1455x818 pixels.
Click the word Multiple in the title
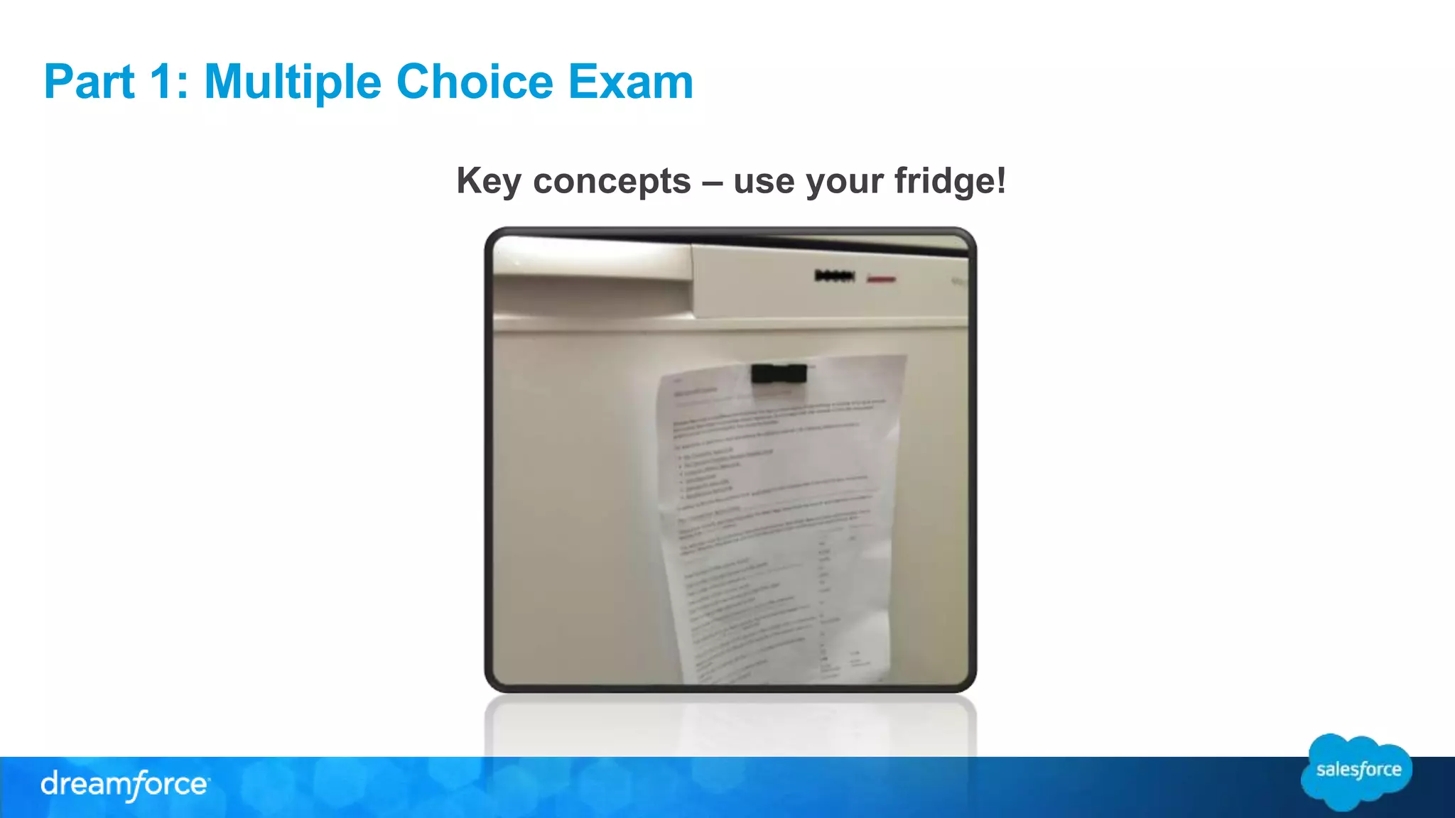(x=292, y=82)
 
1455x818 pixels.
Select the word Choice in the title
(x=474, y=82)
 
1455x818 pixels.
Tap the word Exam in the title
(x=630, y=82)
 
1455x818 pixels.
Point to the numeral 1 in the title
(x=161, y=82)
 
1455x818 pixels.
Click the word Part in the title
(x=89, y=82)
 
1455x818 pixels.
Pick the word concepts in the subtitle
(x=612, y=182)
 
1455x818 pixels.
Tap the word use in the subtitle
(x=763, y=182)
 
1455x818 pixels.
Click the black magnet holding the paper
(x=779, y=373)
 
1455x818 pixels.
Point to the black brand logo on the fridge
(x=835, y=276)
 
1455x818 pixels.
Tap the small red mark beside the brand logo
(x=882, y=279)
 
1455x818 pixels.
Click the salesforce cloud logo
(x=1357, y=771)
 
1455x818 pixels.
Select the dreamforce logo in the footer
(x=125, y=785)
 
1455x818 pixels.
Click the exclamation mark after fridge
(x=1001, y=180)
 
